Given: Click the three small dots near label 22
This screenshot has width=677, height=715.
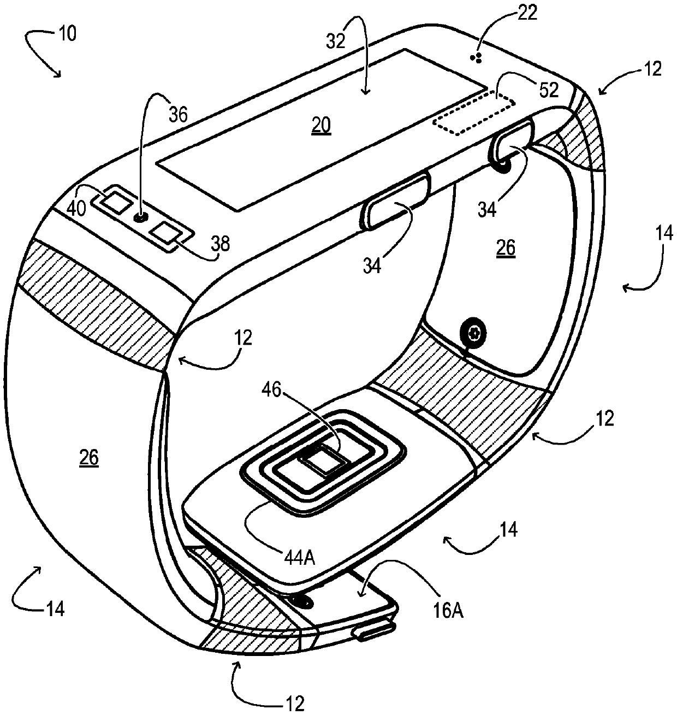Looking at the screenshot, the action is (477, 57).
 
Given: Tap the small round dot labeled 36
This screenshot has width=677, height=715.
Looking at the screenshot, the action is (141, 217).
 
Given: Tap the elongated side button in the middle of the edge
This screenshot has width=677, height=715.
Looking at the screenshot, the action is (394, 200).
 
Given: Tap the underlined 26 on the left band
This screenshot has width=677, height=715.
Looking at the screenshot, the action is (88, 458).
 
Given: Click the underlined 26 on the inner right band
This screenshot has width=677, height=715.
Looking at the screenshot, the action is (505, 249).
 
